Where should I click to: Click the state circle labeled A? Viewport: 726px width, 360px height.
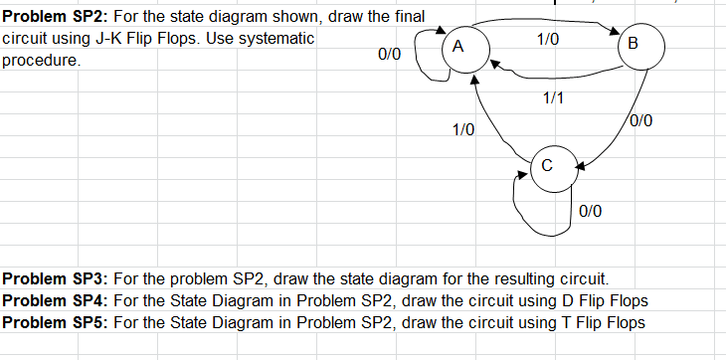pyautogui.click(x=457, y=47)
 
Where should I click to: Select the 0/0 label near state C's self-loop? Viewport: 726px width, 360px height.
pyautogui.click(x=590, y=210)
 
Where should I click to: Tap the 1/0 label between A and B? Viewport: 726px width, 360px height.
pyautogui.click(x=547, y=40)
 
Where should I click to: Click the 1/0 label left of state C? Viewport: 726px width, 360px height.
pyautogui.click(x=463, y=129)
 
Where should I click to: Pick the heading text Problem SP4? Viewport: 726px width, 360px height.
pyautogui.click(x=55, y=300)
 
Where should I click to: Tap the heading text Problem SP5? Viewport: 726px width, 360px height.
pyautogui.click(x=55, y=322)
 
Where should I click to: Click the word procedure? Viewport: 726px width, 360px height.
pyautogui.click(x=39, y=60)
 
